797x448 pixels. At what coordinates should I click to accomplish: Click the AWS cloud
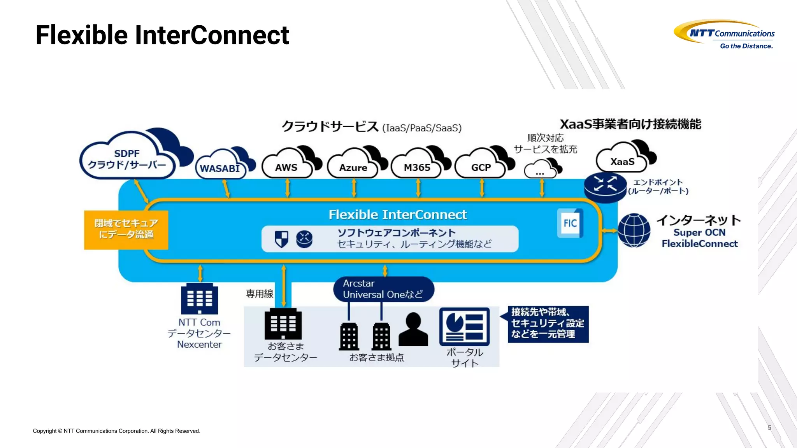click(x=287, y=166)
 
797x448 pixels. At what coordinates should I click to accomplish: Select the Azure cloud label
click(x=353, y=168)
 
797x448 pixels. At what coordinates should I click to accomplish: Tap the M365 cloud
click(x=417, y=167)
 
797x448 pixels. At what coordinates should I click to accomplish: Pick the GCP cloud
click(x=481, y=167)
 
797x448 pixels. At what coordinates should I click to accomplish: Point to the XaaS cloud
click(x=622, y=161)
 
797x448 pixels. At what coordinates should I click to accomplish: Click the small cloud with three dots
click(x=540, y=170)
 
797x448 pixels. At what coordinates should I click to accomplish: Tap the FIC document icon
click(x=570, y=223)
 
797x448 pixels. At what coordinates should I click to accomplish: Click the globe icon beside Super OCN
click(x=634, y=230)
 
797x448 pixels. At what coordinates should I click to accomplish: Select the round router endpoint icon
click(x=605, y=187)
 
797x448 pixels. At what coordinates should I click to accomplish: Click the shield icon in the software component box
click(x=281, y=239)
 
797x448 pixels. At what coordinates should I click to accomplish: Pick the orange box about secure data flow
click(x=126, y=229)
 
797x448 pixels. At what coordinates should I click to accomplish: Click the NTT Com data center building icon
click(x=200, y=298)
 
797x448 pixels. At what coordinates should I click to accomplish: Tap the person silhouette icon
click(x=413, y=330)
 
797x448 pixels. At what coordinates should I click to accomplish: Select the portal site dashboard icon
click(x=464, y=327)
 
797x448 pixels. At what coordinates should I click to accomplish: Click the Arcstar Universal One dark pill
click(x=383, y=289)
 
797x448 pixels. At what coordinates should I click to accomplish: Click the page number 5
click(x=769, y=427)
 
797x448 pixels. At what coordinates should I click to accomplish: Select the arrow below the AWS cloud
click(x=288, y=188)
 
